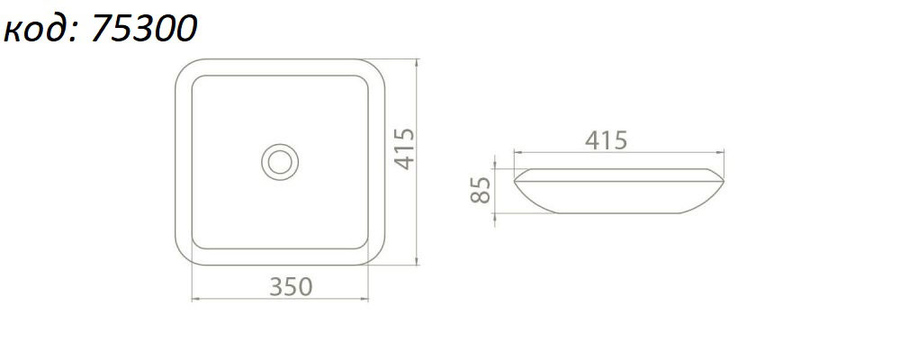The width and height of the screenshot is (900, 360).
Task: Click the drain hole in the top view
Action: [x=280, y=162]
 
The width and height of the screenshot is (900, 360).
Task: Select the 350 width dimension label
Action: [x=291, y=286]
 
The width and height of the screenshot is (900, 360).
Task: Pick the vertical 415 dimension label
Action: [x=405, y=148]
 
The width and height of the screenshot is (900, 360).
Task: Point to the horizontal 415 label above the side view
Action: [x=606, y=140]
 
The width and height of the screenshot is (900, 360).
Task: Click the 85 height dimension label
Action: [x=481, y=190]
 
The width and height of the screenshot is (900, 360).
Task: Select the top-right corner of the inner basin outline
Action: [x=363, y=80]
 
